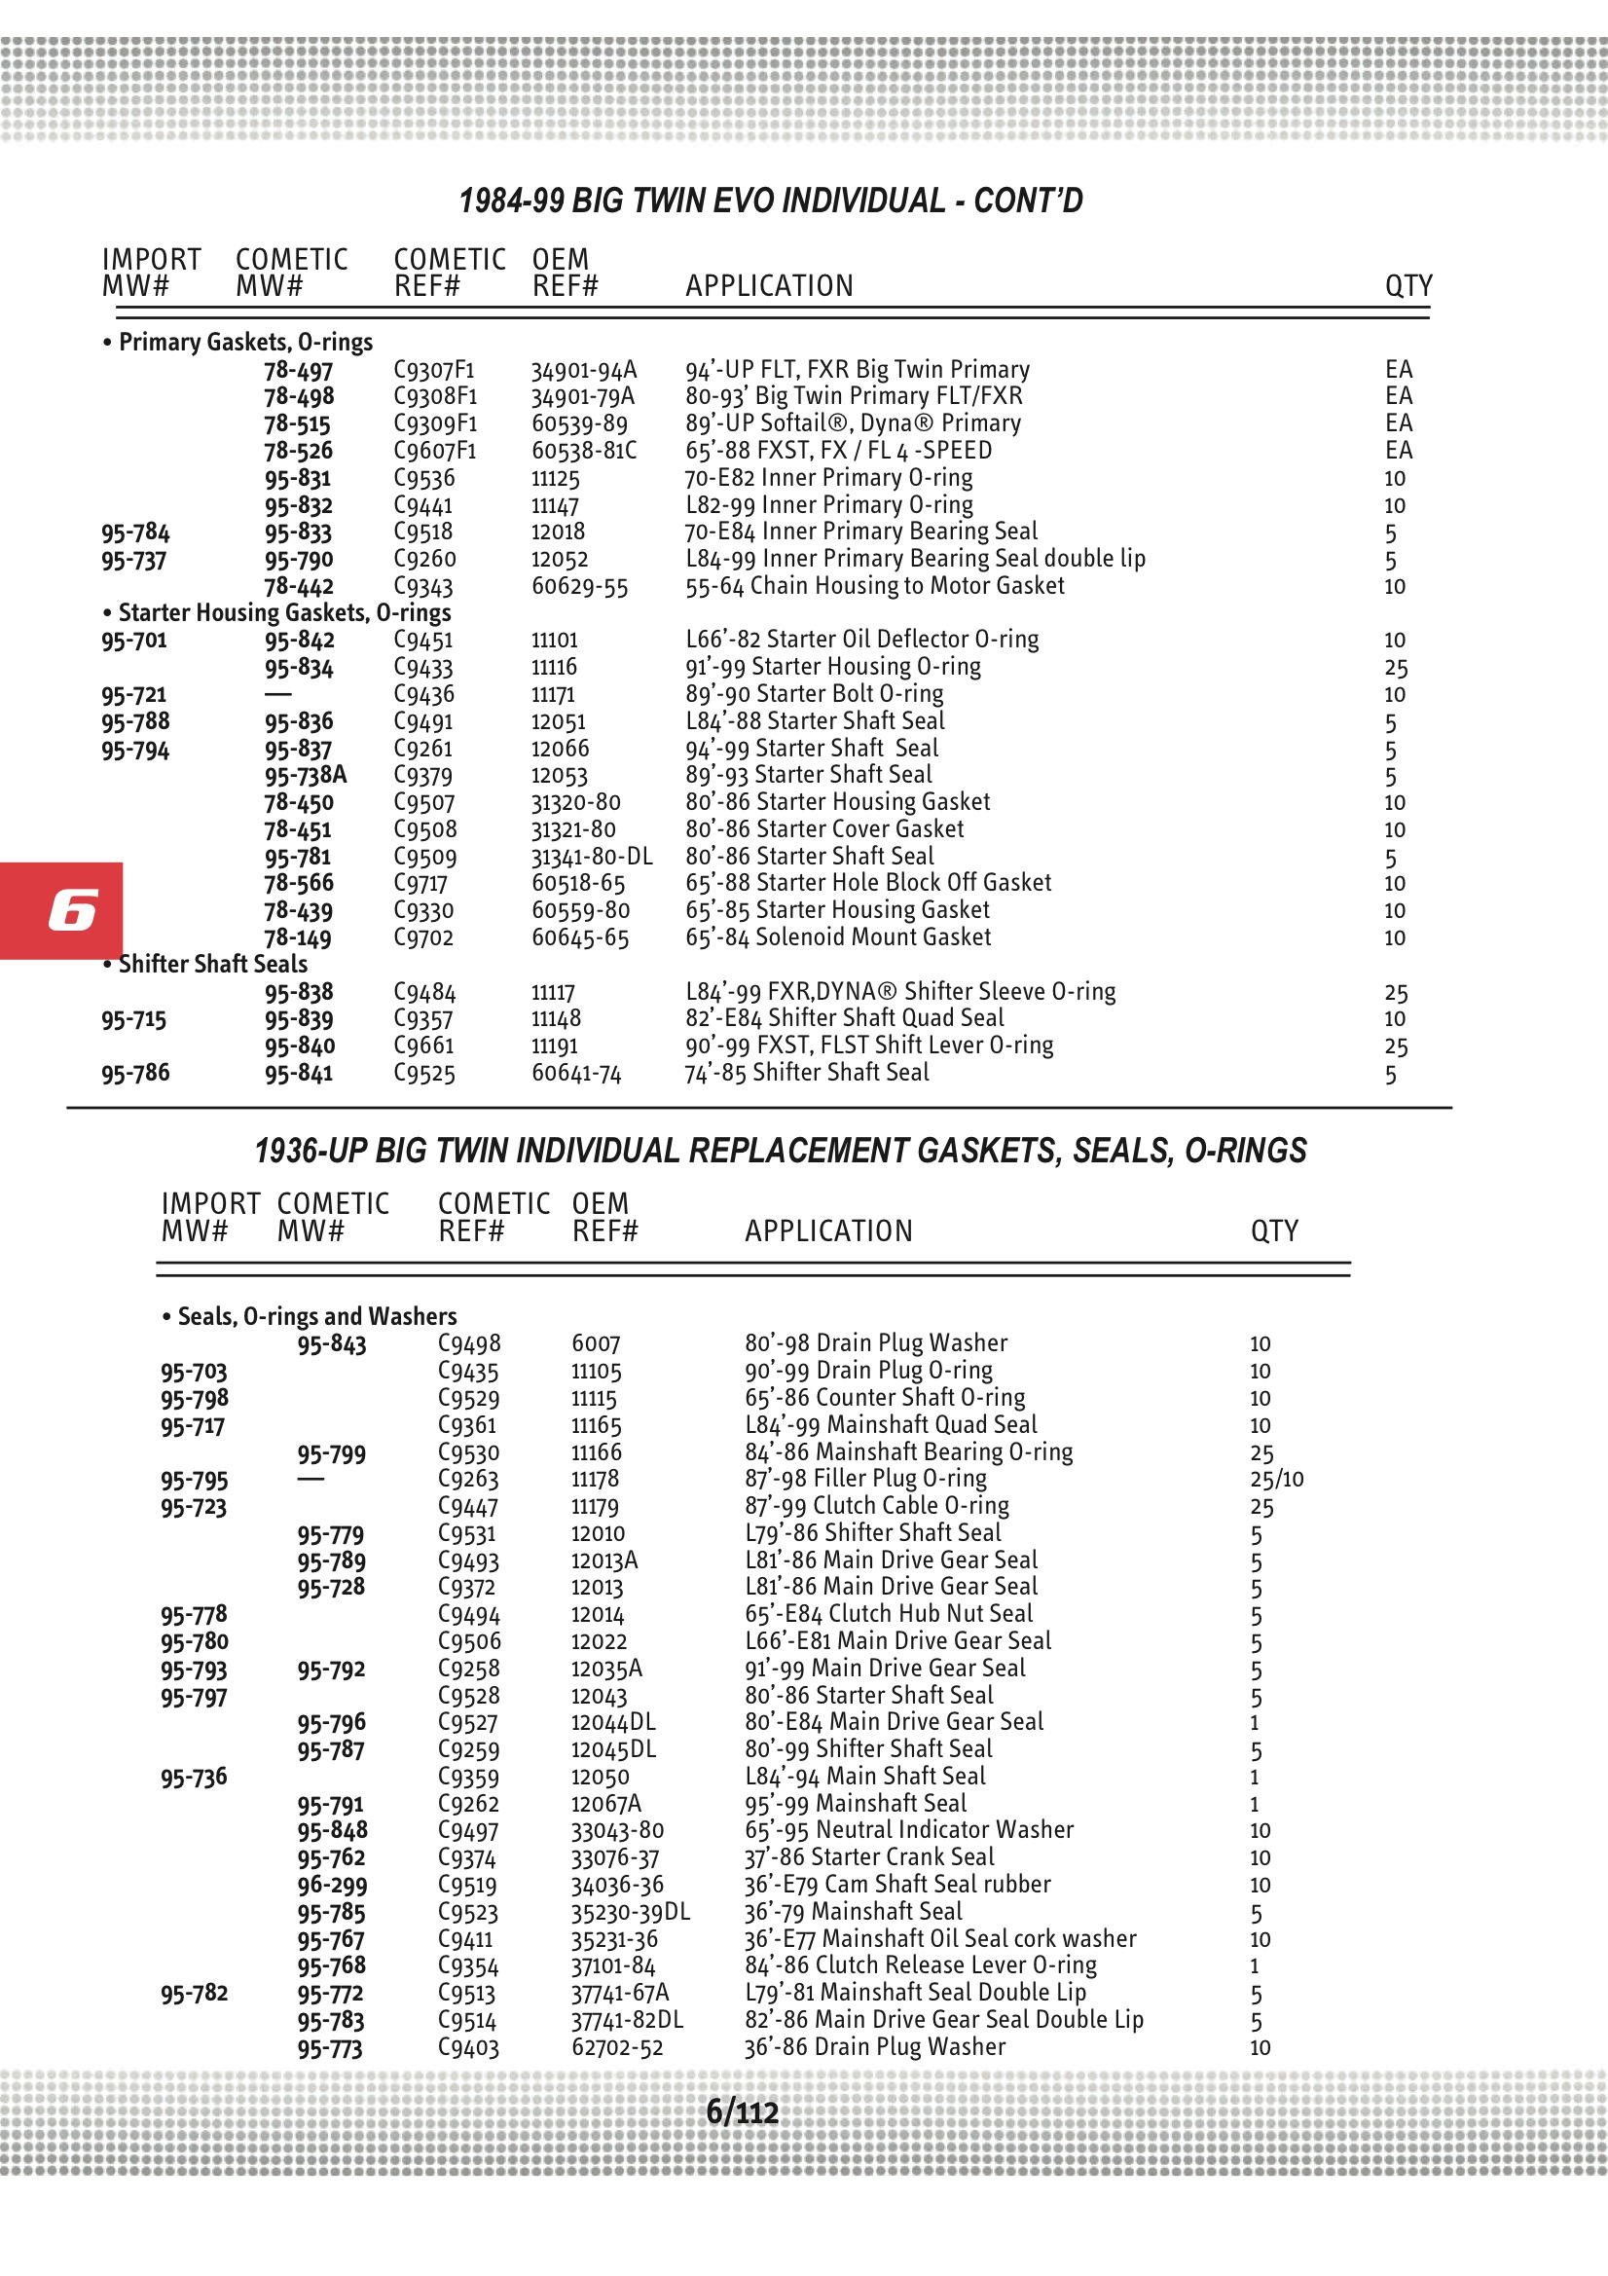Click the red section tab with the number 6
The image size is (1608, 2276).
61,910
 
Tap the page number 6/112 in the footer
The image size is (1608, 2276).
742,2112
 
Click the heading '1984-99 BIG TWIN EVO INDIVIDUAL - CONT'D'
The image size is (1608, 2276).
770,202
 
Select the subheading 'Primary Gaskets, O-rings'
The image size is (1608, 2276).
245,342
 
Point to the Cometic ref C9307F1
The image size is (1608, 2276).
434,370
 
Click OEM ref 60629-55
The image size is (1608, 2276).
580,587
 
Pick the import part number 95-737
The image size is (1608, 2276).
133,560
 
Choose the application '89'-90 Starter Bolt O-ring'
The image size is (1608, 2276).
814,694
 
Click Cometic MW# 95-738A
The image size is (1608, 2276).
306,775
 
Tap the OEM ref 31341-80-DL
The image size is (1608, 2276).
592,857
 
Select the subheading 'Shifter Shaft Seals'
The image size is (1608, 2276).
212,965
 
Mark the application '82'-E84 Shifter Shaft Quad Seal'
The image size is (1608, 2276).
845,1018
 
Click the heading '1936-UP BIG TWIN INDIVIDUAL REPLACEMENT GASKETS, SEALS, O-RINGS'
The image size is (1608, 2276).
781,1151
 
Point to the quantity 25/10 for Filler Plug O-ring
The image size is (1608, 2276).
1277,1480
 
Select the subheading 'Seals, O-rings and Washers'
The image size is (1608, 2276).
316,1316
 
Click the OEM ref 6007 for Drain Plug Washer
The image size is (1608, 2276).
596,1344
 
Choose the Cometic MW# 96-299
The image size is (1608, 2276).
331,1886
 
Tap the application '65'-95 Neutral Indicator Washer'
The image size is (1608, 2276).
909,1830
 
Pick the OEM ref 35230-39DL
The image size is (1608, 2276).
630,1912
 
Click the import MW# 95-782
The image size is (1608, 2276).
195,1994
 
